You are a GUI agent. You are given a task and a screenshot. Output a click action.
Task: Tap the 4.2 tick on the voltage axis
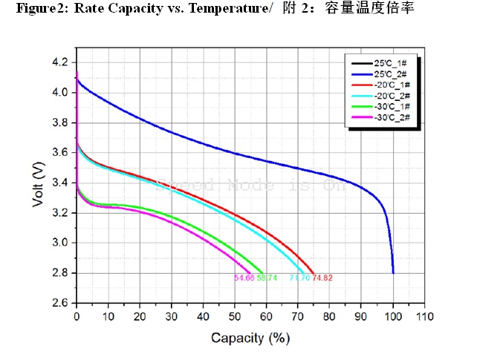pyautogui.click(x=61, y=62)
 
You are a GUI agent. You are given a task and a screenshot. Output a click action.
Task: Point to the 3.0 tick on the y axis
pyautogui.click(x=61, y=243)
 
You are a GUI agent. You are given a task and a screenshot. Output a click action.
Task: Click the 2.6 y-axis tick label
pyautogui.click(x=61, y=303)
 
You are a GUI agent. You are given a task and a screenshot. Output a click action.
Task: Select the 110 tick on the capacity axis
pyautogui.click(x=424, y=317)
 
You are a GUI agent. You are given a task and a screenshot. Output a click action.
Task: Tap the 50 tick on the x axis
pyautogui.click(x=235, y=317)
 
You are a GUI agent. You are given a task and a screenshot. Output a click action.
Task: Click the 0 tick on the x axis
pyautogui.click(x=77, y=317)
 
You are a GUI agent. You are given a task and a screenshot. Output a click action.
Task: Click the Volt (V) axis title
pyautogui.click(x=39, y=182)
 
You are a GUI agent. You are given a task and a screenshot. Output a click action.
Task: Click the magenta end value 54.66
pyautogui.click(x=244, y=278)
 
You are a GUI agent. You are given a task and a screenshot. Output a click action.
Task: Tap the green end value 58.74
pyautogui.click(x=267, y=278)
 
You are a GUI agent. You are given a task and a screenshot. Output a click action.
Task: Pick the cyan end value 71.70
pyautogui.click(x=299, y=278)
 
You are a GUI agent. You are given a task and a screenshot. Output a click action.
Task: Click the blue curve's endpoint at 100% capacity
pyautogui.click(x=393, y=272)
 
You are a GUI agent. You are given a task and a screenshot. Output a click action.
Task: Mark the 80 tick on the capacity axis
pyautogui.click(x=330, y=317)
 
